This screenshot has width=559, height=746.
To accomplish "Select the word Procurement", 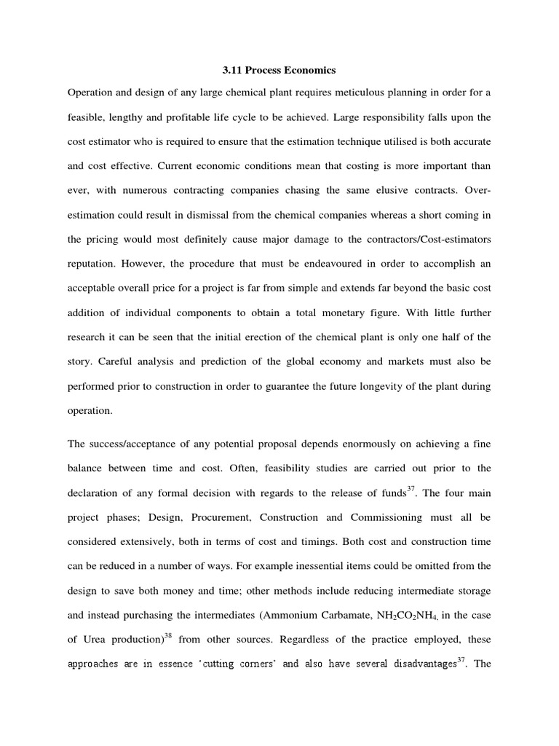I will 221,517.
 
